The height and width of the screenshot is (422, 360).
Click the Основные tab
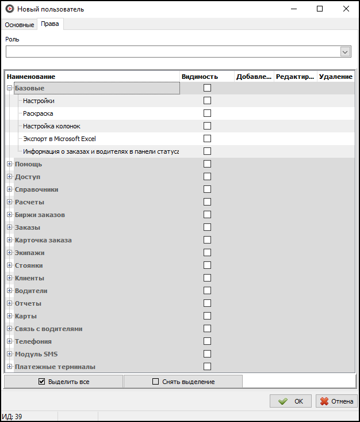click(20, 25)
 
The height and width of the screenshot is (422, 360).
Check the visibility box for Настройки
click(207, 101)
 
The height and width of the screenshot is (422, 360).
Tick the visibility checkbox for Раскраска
click(207, 113)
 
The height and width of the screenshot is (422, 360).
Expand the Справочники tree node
click(9, 189)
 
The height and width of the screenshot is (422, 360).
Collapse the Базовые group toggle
click(9, 88)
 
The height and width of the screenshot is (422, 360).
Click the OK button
click(290, 401)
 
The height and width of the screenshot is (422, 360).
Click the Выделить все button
click(63, 382)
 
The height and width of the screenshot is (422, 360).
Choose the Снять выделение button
click(183, 382)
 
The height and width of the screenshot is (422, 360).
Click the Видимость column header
click(200, 77)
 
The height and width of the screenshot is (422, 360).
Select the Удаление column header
click(336, 77)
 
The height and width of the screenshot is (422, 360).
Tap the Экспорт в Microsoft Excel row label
click(59, 139)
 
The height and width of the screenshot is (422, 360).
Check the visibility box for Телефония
click(207, 341)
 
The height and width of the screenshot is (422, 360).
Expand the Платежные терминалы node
click(9, 367)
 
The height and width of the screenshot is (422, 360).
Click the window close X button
click(346, 9)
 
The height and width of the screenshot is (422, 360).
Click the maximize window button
click(320, 9)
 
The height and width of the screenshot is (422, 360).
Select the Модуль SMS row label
click(36, 354)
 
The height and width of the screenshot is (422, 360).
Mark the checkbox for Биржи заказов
click(207, 215)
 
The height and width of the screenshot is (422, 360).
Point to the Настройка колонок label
click(52, 126)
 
